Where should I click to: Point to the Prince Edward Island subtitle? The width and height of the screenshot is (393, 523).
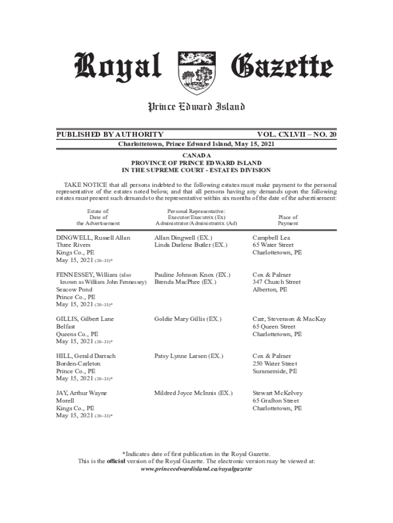tap(196, 107)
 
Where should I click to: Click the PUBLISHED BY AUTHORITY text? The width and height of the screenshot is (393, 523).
tap(110, 134)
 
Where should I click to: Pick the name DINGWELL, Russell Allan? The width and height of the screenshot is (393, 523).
tap(93, 237)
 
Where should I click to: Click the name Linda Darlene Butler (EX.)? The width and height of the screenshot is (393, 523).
tap(190, 245)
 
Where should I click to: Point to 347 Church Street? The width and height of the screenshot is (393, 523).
tap(276, 282)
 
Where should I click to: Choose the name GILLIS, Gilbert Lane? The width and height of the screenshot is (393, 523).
tap(85, 319)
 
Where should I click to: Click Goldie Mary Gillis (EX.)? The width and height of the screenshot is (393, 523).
tap(188, 319)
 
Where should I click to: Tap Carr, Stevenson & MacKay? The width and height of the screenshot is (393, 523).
tap(289, 319)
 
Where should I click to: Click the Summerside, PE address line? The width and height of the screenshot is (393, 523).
tap(275, 371)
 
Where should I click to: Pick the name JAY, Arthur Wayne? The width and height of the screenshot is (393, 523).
tap(81, 393)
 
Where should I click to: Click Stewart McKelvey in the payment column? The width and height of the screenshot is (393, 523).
tap(278, 393)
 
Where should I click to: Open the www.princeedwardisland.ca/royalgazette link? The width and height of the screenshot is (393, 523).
tap(196, 468)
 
